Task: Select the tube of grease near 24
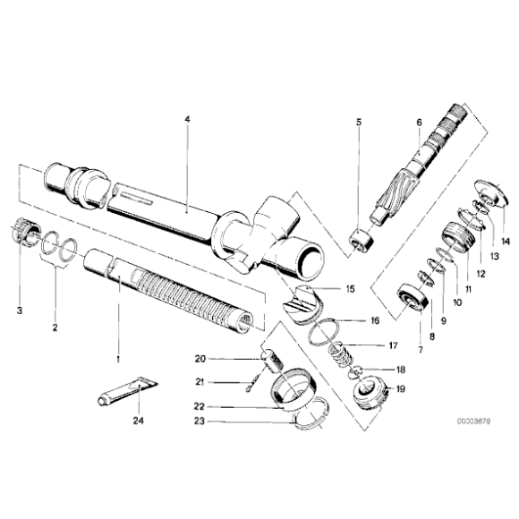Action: click(x=123, y=390)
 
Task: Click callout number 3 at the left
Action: click(x=19, y=311)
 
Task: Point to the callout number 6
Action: click(x=418, y=122)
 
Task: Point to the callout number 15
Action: click(x=349, y=288)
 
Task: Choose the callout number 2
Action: click(x=55, y=328)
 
